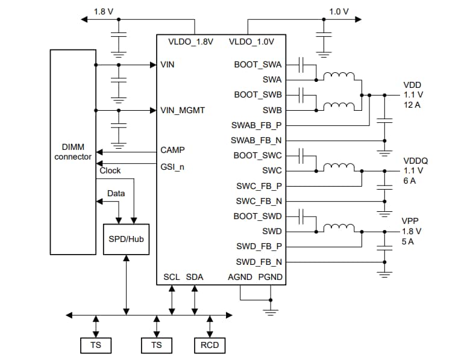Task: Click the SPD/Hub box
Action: click(126, 238)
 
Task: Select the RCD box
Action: click(210, 345)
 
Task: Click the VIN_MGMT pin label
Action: click(183, 110)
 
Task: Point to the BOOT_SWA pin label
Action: click(258, 64)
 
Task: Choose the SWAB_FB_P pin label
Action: click(257, 125)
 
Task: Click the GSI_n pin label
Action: click(172, 166)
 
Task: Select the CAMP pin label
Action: click(173, 150)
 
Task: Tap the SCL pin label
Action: click(172, 277)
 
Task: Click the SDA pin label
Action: click(195, 277)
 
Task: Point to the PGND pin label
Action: click(271, 277)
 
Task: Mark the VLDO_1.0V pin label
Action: click(251, 42)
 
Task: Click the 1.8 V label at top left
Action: click(103, 11)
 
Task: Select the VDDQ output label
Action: click(415, 161)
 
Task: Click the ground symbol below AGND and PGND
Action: click(271, 310)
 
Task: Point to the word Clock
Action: click(110, 170)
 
